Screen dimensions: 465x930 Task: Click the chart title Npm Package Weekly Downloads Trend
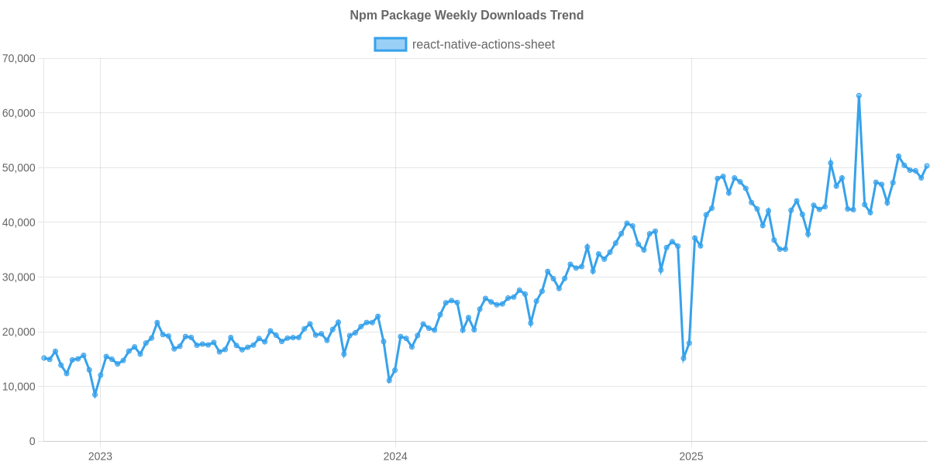[x=466, y=15]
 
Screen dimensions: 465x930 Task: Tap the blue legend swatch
[x=390, y=44]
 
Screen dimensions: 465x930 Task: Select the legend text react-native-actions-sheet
[x=484, y=44]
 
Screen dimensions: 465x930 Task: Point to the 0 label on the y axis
[x=32, y=442]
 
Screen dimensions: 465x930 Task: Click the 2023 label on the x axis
[x=100, y=456]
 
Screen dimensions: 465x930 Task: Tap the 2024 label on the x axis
[x=395, y=456]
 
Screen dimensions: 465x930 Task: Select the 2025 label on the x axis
[x=691, y=456]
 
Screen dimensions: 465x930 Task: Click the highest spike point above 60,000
[x=859, y=95]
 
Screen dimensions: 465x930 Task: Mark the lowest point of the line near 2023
[x=95, y=395]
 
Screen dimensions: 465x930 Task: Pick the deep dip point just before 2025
[x=683, y=360]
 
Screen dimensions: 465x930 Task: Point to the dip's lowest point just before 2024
[x=389, y=381]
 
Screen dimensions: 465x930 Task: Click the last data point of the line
[x=927, y=166]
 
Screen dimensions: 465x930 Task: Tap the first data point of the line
[x=43, y=357]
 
